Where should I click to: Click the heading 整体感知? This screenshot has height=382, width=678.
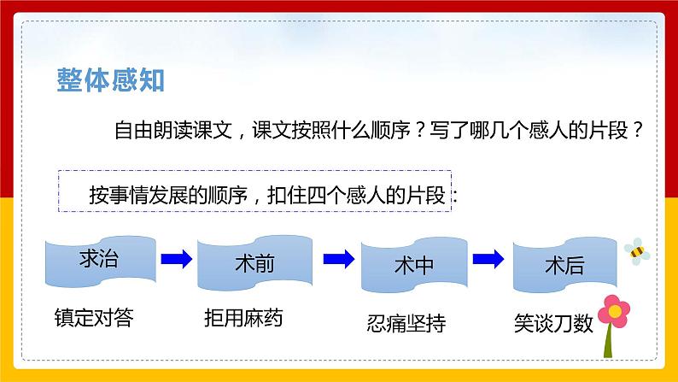coord(109,80)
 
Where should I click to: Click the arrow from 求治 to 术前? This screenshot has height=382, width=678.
coord(176,257)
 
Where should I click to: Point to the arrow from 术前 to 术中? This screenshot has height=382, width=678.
coord(340,257)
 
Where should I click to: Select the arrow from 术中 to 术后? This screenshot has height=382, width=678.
coord(487,257)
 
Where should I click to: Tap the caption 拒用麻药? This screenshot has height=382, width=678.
coord(243,320)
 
